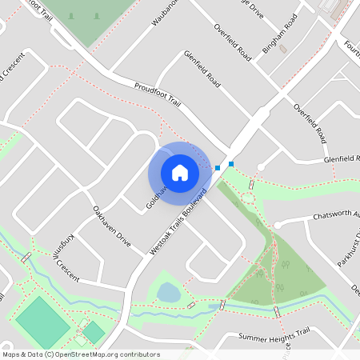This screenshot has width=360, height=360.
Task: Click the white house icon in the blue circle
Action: (180, 172)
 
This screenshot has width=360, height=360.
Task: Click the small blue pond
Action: (169, 292)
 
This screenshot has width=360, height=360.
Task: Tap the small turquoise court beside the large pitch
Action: (94, 332)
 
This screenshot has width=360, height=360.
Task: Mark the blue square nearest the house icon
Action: (218, 168)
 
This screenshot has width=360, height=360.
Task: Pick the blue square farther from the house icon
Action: (231, 164)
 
